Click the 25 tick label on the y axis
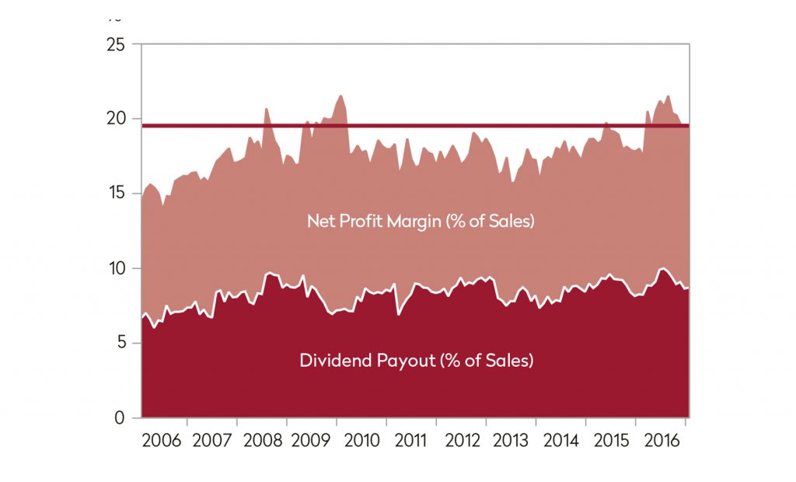click(x=114, y=44)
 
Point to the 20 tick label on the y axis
click(x=114, y=119)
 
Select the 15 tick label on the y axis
click(x=114, y=194)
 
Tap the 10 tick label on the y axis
click(x=114, y=268)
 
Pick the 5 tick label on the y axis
click(x=119, y=343)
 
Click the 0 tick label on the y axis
click(x=119, y=417)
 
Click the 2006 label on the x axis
click(x=162, y=441)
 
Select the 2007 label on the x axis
click(x=211, y=441)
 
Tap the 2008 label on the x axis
click(x=262, y=441)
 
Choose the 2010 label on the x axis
click(x=361, y=441)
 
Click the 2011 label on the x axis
click(x=410, y=441)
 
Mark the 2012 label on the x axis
click(x=462, y=441)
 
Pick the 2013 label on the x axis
click(x=511, y=441)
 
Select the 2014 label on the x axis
click(x=561, y=441)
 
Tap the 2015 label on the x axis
click(x=611, y=441)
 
